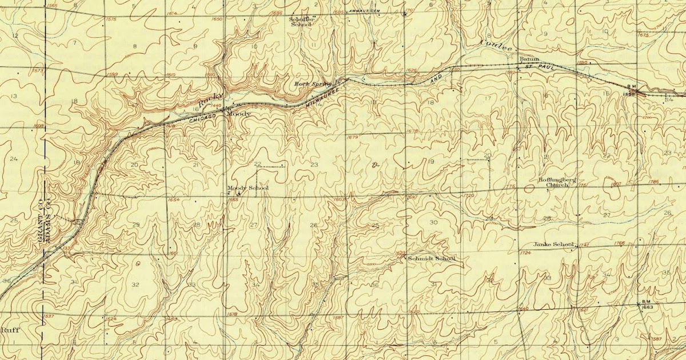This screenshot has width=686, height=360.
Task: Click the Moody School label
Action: tap(248, 188)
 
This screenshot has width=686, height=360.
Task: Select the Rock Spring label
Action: tap(313, 84)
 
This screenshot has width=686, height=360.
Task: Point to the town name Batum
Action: tap(525, 59)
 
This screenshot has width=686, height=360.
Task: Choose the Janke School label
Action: tap(553, 245)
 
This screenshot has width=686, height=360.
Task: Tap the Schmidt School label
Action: tap(432, 258)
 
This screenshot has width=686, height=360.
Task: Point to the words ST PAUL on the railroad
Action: tap(536, 67)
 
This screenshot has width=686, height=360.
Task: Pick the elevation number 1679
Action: tap(353, 137)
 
